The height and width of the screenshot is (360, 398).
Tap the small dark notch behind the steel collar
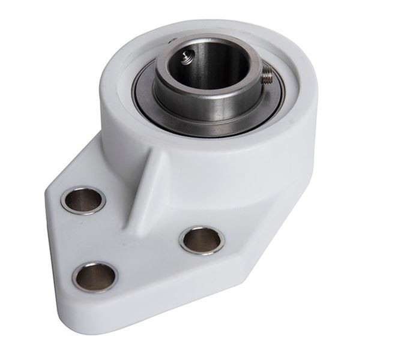point(172,41)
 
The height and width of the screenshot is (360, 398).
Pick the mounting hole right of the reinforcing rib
point(202,239)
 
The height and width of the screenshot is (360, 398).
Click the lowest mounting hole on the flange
point(95,277)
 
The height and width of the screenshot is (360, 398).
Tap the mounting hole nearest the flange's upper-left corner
point(83,200)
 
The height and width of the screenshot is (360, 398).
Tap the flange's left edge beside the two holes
point(54,240)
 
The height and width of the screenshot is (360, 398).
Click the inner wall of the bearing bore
point(222,69)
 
